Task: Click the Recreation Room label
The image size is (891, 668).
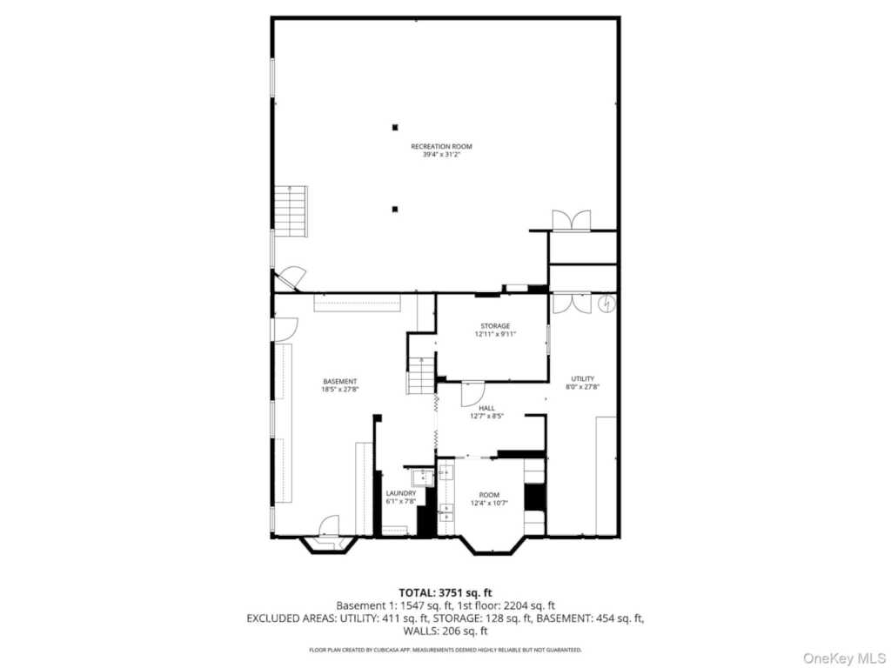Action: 441,146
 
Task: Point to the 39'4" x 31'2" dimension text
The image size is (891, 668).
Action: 441,155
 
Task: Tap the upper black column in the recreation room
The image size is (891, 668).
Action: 395,127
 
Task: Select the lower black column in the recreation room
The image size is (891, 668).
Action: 395,209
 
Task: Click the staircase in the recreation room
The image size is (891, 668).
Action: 291,211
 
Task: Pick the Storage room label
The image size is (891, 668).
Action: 495,326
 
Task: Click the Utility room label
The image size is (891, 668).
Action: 583,379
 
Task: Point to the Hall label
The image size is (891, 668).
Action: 487,408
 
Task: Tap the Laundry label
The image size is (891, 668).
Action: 401,494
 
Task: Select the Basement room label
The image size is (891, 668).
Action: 340,382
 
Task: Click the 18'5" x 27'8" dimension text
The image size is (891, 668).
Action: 340,390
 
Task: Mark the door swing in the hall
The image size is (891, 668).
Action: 472,393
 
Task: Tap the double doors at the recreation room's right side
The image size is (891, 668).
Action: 572,220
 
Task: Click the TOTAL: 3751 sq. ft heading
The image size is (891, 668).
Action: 445,593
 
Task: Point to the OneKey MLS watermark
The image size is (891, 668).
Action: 844,658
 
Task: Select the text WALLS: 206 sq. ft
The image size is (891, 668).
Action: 445,631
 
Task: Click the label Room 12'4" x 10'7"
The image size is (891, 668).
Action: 489,498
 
